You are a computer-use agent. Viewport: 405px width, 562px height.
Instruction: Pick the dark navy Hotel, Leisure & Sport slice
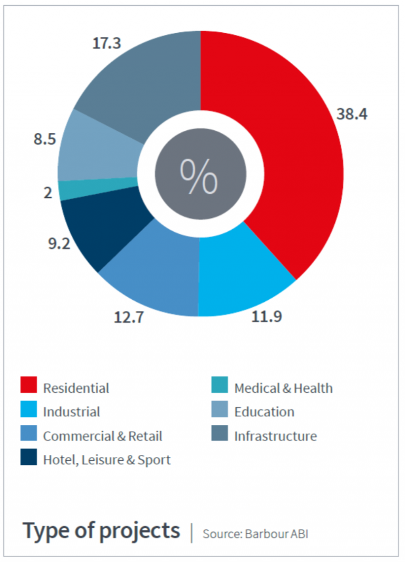click(x=100, y=227)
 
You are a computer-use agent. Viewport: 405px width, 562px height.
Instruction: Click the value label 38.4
click(x=352, y=113)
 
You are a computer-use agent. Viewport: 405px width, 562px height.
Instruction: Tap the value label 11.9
click(x=267, y=317)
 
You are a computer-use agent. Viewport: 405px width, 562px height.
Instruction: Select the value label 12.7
click(x=129, y=318)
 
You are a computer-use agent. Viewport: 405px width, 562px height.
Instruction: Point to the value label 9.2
click(x=59, y=245)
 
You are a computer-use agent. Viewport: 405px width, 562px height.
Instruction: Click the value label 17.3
click(x=107, y=43)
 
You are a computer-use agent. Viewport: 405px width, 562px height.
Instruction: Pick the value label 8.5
click(x=44, y=141)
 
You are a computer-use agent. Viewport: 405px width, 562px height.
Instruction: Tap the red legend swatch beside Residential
click(x=28, y=385)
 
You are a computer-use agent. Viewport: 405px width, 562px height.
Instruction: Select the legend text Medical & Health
click(x=283, y=388)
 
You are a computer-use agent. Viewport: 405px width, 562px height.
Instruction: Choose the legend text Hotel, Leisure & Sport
click(x=107, y=460)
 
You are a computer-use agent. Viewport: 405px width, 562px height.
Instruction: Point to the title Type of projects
click(x=101, y=530)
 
